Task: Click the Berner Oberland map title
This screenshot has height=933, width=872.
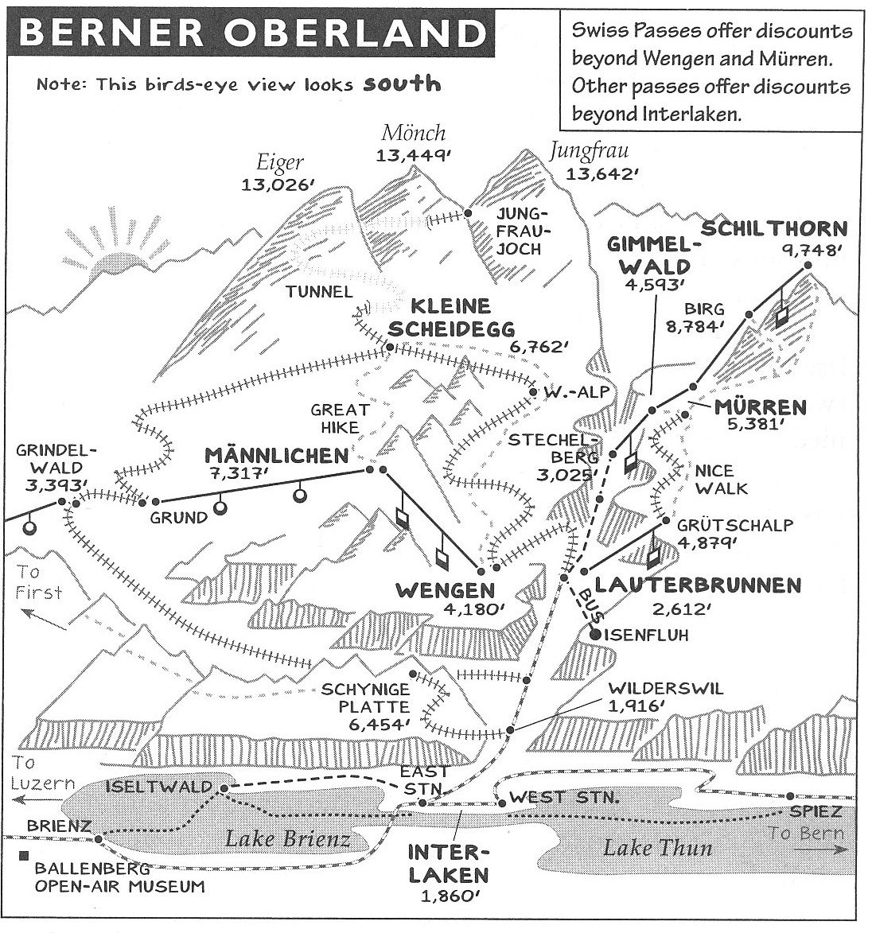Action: (251, 33)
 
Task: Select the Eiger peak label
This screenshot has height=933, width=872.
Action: (279, 163)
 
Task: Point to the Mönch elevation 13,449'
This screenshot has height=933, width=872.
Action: (413, 156)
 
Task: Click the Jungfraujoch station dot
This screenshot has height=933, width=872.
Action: (469, 213)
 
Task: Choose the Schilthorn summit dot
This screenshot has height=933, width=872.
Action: (807, 266)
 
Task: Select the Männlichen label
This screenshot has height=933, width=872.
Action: (276, 455)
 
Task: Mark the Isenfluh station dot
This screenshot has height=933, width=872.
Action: (595, 634)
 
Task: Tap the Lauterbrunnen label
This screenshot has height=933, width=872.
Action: (697, 585)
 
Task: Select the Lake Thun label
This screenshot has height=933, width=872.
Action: (657, 847)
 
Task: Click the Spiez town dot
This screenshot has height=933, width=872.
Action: (790, 796)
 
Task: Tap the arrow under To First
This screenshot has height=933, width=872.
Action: (44, 613)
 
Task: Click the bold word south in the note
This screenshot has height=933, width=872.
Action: (402, 83)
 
